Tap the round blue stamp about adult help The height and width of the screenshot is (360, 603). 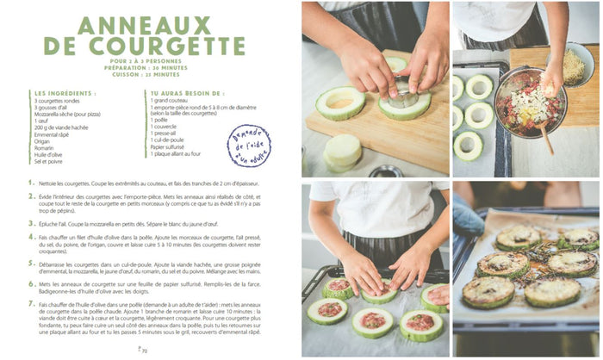(248, 143)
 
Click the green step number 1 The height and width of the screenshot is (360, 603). (31, 182)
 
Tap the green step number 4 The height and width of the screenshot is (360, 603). (31, 235)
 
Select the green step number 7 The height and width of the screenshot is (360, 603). (31, 304)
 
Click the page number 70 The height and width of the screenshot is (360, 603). (143, 351)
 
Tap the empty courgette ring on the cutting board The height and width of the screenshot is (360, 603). (340, 102)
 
